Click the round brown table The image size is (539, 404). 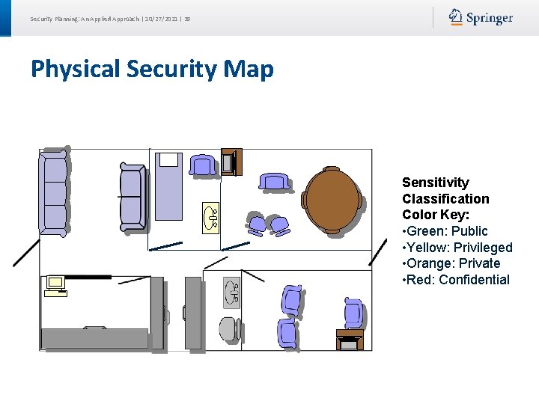pos(332,200)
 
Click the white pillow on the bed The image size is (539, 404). pos(169,159)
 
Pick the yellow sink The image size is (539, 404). pos(211,218)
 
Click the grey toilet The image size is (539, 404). pos(228,328)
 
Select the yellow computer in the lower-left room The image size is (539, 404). pos(55,284)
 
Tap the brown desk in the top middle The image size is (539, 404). pos(231,162)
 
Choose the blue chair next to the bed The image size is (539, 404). pos(202,165)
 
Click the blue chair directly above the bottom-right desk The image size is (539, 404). pos(353,313)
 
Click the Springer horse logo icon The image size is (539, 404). pos(455,17)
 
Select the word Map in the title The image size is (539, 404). pos(249,70)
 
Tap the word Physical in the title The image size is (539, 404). pos(76,70)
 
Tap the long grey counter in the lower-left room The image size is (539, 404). pos(94,338)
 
